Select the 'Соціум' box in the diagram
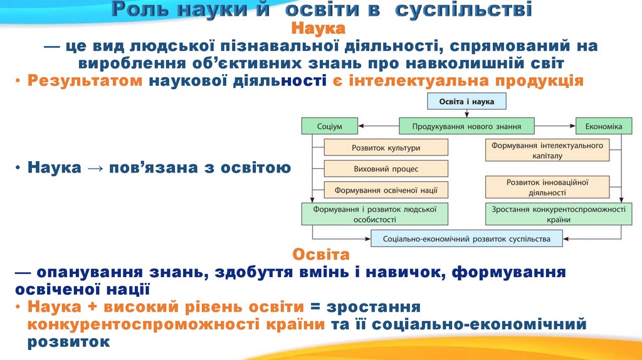click(x=329, y=126)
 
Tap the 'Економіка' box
click(x=603, y=126)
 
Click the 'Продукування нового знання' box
click(x=466, y=126)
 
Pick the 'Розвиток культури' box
click(x=386, y=148)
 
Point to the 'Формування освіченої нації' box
click(x=386, y=190)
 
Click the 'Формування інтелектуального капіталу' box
click(x=547, y=150)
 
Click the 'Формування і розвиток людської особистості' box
click(x=375, y=214)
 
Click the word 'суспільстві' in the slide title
click(x=477, y=10)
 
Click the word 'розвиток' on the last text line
click(x=68, y=342)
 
